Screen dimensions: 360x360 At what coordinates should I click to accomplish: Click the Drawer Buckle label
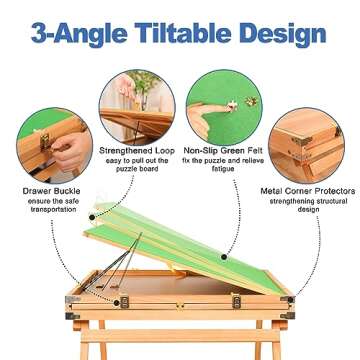[50, 189]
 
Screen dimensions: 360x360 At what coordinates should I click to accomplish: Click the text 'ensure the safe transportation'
[50, 205]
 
